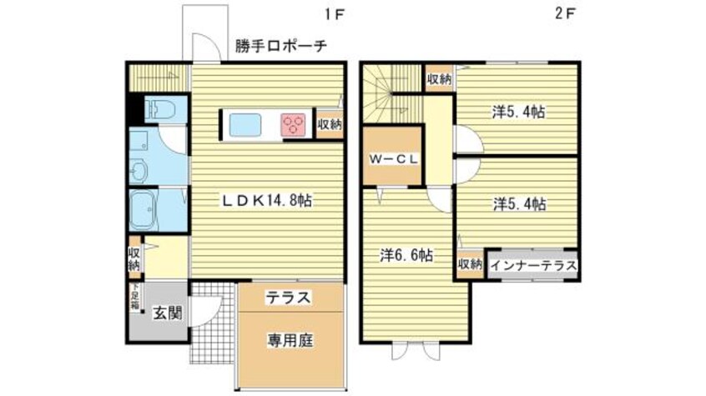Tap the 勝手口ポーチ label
pyautogui.click(x=280, y=46)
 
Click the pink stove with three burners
pyautogui.click(x=294, y=125)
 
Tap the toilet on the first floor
pyautogui.click(x=155, y=108)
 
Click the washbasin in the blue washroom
pyautogui.click(x=138, y=172)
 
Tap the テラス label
pyautogui.click(x=290, y=297)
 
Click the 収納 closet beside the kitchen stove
pyautogui.click(x=329, y=124)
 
